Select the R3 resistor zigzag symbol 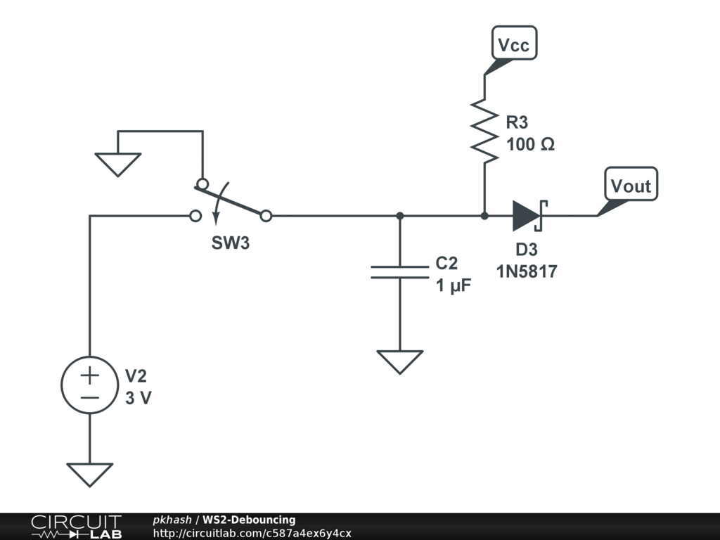(484, 131)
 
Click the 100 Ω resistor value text (530, 144)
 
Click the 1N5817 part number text (527, 271)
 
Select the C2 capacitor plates (400, 272)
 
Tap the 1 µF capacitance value (454, 285)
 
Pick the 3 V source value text (139, 398)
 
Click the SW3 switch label (231, 243)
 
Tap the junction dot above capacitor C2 (400, 215)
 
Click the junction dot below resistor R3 (484, 215)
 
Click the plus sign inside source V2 (89, 375)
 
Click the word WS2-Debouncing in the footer (249, 520)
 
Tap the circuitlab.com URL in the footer (252, 533)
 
